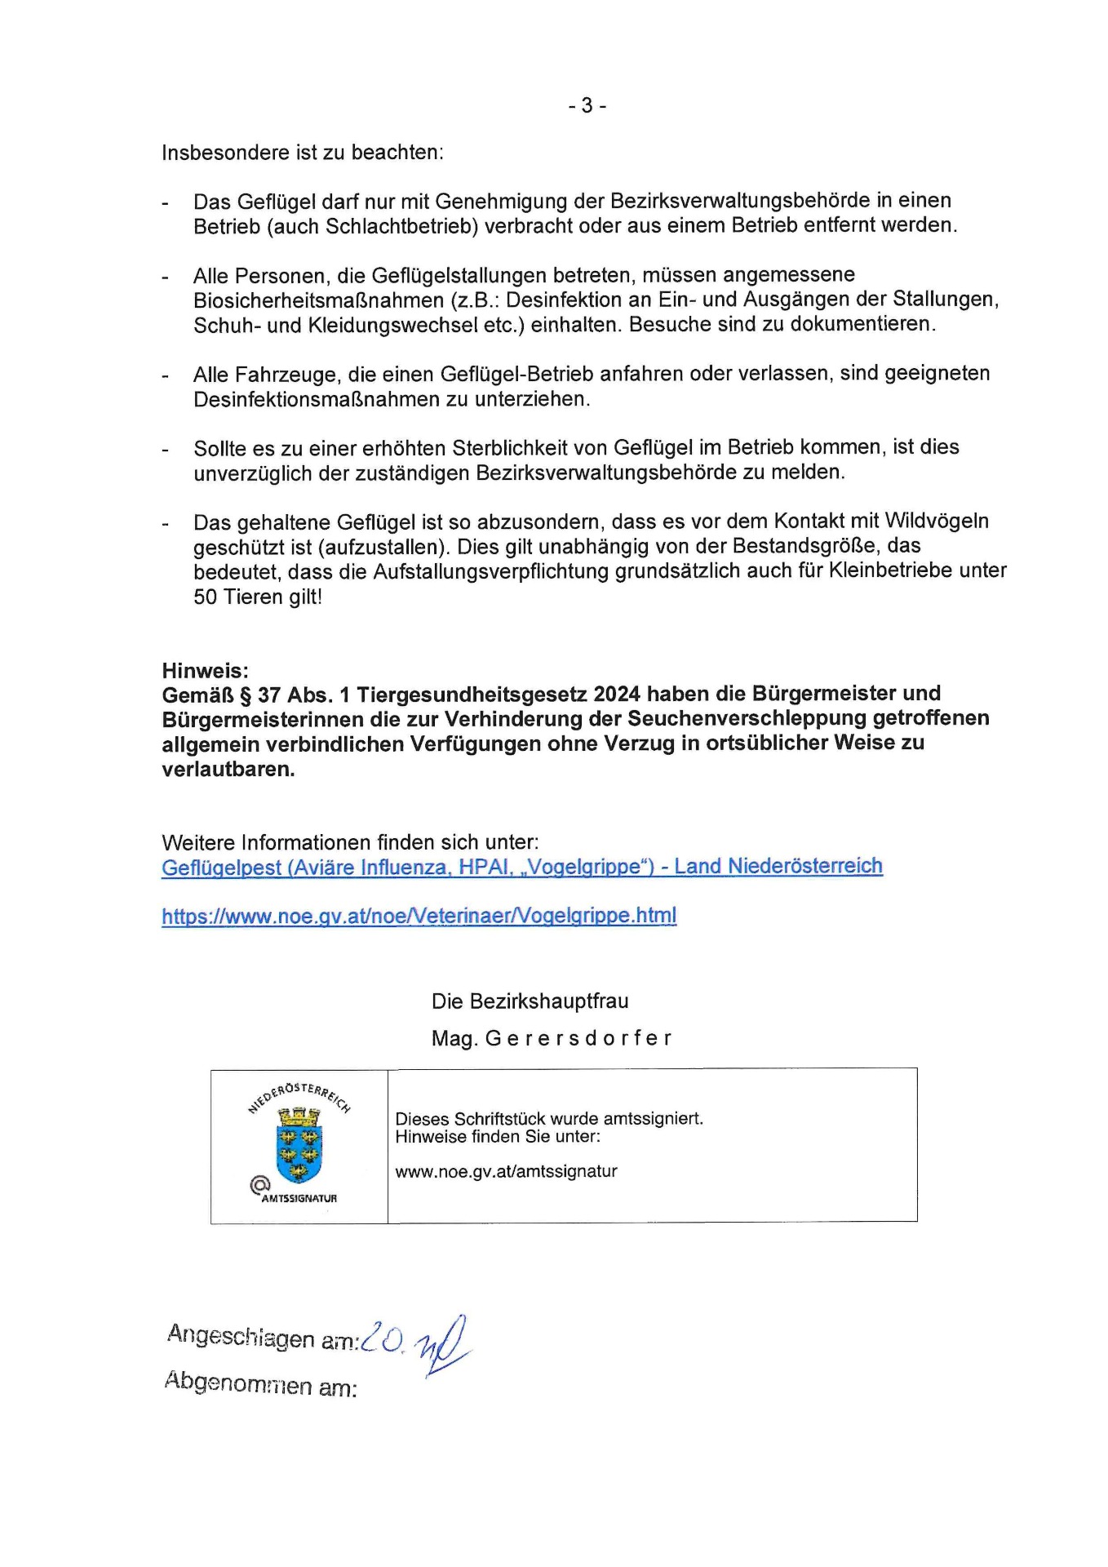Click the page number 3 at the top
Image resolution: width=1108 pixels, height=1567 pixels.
click(x=587, y=105)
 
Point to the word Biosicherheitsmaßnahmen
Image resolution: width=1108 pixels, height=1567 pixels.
click(x=318, y=300)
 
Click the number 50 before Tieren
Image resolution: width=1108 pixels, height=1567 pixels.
click(x=205, y=597)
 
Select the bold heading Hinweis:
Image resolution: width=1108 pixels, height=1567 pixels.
click(x=205, y=671)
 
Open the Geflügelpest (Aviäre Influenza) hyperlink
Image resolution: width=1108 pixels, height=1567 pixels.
click(x=521, y=867)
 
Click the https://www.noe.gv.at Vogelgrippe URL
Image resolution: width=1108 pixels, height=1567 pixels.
click(x=419, y=916)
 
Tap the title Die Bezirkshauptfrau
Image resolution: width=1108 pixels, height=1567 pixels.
click(x=530, y=1001)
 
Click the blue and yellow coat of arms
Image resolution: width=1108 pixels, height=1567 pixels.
click(x=299, y=1144)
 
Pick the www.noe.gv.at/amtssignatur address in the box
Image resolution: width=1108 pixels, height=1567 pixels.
click(x=506, y=1172)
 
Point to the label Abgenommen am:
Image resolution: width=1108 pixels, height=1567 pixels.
click(x=260, y=1384)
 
